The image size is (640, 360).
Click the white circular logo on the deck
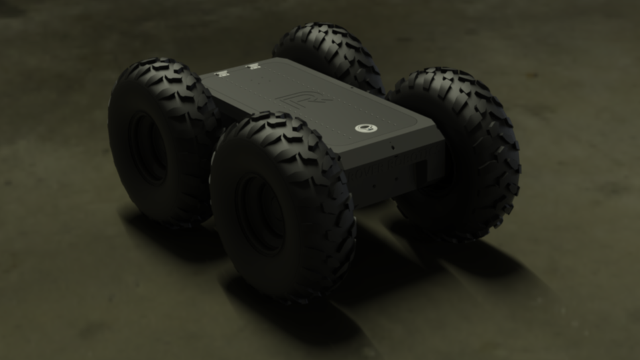coord(366,128)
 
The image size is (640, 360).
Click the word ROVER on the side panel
coord(367,172)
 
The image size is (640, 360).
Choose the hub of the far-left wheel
coord(149,148)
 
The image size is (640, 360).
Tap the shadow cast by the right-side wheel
coord(489,268)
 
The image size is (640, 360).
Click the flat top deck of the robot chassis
coord(315,94)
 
